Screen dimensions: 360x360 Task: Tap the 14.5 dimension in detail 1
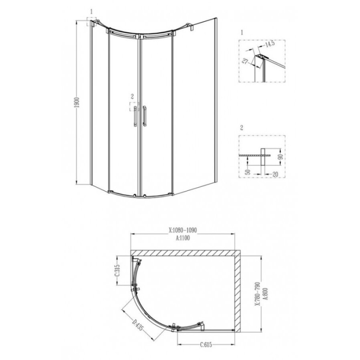[x=270, y=44]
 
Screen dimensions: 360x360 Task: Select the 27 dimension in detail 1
[x=245, y=61]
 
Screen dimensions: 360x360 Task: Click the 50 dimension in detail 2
[x=248, y=172]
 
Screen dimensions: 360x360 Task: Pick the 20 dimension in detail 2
[x=275, y=174]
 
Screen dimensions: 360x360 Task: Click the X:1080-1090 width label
[x=183, y=230]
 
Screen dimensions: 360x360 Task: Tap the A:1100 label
[x=183, y=238]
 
